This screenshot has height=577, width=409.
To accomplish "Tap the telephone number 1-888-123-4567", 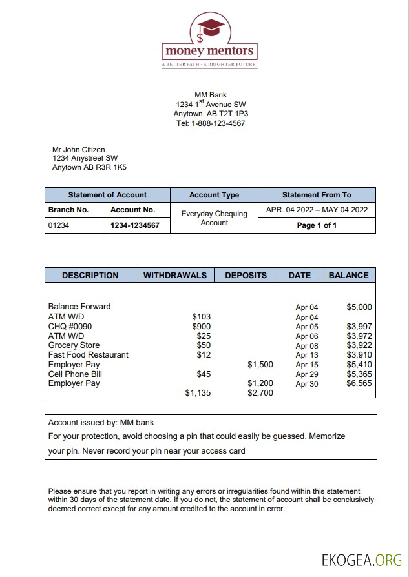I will click(218, 123).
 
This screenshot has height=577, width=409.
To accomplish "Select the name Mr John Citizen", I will click(78, 150).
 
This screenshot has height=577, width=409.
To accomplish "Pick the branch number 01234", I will click(59, 226).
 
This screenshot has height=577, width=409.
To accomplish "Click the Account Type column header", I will click(214, 195).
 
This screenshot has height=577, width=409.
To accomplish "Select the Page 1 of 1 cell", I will click(317, 225).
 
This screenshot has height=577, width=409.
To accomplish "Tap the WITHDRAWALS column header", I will click(174, 275).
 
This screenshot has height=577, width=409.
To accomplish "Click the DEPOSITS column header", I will click(246, 275).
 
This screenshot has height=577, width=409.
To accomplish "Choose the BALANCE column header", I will click(348, 275).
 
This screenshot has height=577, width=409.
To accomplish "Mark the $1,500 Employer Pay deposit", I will click(260, 365).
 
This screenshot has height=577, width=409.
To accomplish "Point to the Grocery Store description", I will click(74, 345).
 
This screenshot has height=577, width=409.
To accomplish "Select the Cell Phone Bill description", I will click(75, 374).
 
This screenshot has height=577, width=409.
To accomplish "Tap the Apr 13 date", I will click(307, 355).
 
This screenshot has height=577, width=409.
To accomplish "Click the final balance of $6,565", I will click(359, 383).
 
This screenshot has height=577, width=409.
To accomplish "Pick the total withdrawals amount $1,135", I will click(198, 392).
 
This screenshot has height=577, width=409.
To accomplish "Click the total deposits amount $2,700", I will click(260, 392).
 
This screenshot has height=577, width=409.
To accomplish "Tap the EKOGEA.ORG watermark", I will click(362, 559).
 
